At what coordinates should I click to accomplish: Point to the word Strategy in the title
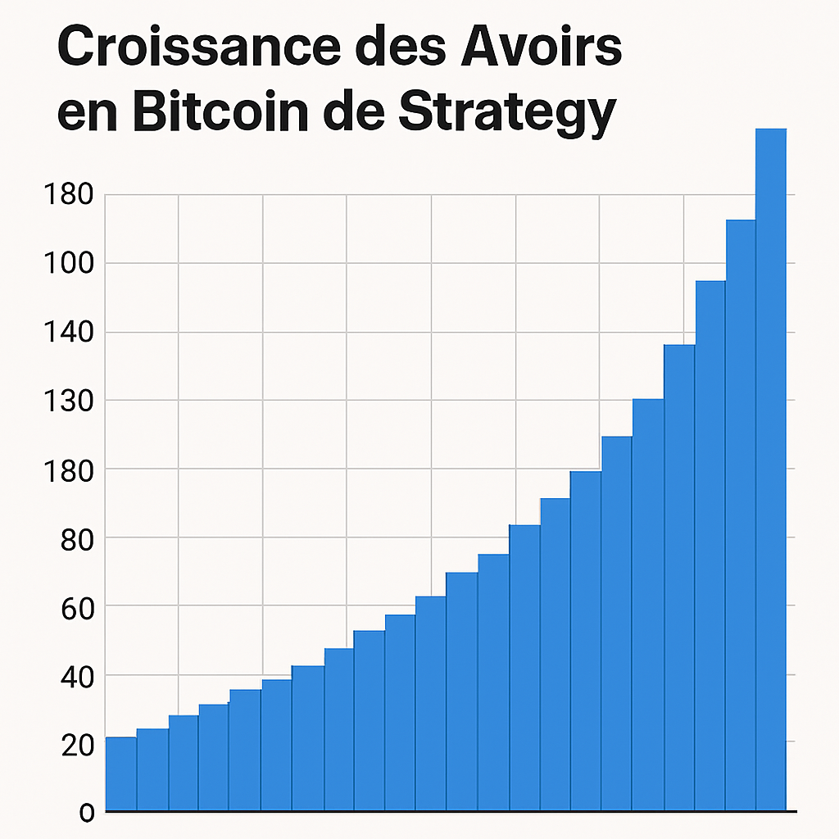coord(505,115)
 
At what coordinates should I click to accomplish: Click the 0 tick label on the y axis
coord(87,812)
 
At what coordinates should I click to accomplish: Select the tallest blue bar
coord(771,467)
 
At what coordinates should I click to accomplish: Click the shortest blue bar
coord(121,774)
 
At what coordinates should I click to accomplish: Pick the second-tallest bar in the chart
coord(741,516)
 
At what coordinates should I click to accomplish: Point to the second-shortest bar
coord(152,770)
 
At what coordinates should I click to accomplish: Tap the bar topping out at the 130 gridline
coord(648,606)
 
